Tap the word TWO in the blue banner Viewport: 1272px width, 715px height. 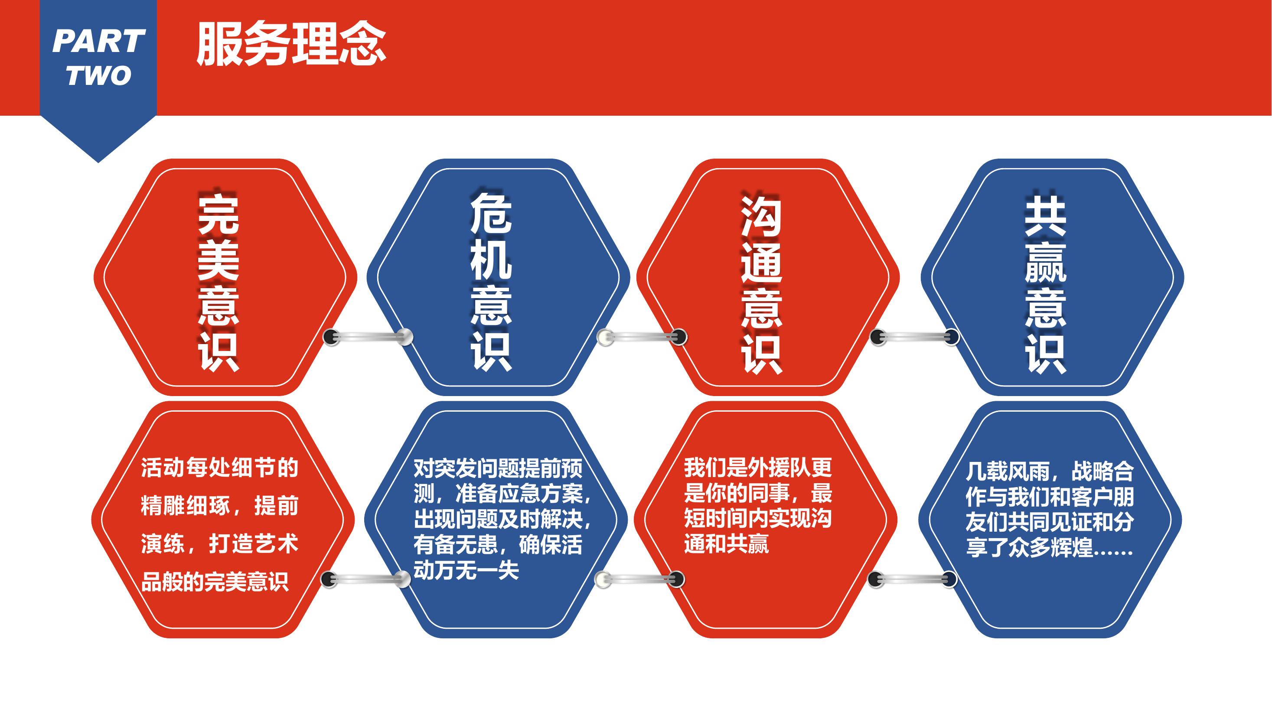[99, 75]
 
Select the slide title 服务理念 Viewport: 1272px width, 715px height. [291, 44]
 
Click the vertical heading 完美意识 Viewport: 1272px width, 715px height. [219, 282]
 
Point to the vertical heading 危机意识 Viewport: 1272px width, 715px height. [491, 282]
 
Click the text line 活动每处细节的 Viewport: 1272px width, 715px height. [220, 467]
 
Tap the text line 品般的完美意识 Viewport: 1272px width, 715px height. [215, 582]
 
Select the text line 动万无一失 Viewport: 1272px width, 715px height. [466, 570]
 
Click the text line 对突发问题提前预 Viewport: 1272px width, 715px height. [498, 468]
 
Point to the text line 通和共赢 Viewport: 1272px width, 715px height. [726, 544]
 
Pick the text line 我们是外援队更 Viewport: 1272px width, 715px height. [758, 467]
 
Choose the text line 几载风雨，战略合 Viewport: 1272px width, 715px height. [1050, 471]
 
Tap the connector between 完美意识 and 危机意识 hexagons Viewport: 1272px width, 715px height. [368, 337]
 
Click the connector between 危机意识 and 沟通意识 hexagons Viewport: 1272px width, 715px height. [642, 337]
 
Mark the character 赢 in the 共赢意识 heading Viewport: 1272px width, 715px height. [1045, 262]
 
